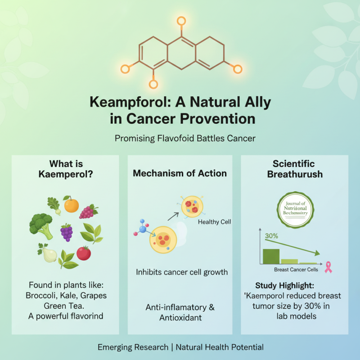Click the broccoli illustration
point(41,225)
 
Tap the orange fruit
point(71,205)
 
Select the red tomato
point(83,253)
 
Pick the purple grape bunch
point(67,232)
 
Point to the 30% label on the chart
point(271,236)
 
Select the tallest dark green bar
point(270,256)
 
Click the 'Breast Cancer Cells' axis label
point(296,270)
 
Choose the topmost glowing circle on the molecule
point(181,21)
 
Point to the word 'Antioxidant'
point(180,318)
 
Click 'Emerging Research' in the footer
point(134,347)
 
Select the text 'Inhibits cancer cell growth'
point(182,272)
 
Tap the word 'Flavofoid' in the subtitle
point(175,138)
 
